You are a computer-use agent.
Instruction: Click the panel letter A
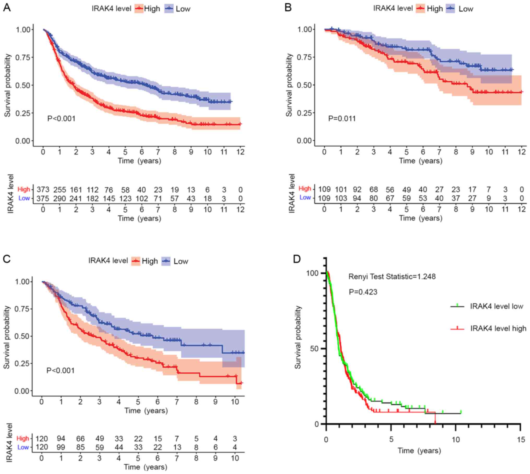point(7,8)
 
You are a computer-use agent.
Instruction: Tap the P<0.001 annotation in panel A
point(61,119)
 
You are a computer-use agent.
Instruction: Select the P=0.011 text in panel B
point(342,119)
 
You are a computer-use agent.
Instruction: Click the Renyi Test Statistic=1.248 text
point(392,277)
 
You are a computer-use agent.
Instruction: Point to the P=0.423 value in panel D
point(363,292)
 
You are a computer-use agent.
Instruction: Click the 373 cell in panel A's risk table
point(43,189)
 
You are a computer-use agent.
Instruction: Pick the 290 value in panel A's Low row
point(59,199)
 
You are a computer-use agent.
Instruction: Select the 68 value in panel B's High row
point(373,189)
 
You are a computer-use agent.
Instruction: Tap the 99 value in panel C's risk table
point(61,447)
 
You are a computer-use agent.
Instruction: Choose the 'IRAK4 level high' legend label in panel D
point(498,328)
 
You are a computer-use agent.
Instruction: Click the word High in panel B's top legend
point(435,9)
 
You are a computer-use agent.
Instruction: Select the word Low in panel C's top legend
point(181,261)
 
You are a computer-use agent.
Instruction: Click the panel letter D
point(297,259)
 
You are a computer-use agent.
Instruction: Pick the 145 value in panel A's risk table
point(109,199)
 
